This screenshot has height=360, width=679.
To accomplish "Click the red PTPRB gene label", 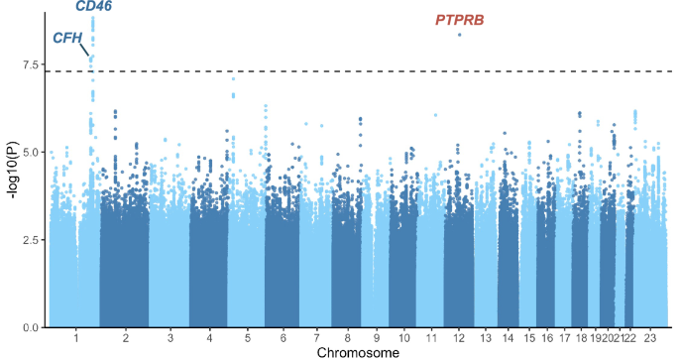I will [459, 20].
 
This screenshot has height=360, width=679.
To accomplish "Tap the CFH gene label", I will [66, 39].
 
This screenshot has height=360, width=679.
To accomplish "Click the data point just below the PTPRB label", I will [459, 35].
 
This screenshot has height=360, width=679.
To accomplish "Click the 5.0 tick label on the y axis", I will [32, 153].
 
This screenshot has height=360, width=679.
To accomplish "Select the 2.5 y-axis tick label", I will [32, 240].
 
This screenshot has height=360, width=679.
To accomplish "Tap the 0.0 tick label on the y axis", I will [32, 327].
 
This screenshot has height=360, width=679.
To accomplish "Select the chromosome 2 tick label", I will [125, 338].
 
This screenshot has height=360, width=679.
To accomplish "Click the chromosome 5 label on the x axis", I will [247, 338].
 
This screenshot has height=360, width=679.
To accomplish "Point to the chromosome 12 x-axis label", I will [458, 338].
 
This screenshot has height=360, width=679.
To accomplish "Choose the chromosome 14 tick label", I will [509, 338].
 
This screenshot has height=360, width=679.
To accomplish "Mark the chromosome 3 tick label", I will [170, 338].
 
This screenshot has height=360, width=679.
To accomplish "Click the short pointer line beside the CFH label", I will [85, 49].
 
